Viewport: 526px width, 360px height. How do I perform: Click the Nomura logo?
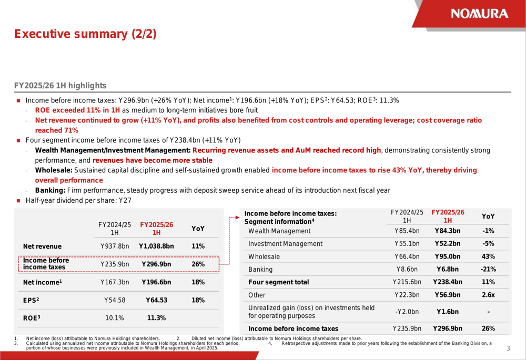pos(479,14)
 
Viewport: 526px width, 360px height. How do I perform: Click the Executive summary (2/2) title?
pos(85,35)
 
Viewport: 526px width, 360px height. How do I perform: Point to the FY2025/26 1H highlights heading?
pos(60,86)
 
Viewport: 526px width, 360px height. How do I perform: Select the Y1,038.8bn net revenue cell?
pos(156,246)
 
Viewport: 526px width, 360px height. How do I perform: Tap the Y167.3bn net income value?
pos(115,282)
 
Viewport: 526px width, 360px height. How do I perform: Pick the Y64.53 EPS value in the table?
pos(156,300)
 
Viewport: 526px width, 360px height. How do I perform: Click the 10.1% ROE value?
pos(115,318)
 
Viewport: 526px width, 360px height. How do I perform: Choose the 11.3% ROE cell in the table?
pos(156,318)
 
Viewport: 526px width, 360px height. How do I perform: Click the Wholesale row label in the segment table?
pos(264,257)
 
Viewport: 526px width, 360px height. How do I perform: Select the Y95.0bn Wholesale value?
pos(448,257)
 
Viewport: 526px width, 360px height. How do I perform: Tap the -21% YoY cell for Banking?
pos(488,270)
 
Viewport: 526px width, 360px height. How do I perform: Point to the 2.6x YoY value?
pos(488,295)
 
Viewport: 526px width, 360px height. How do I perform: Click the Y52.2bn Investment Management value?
pos(448,244)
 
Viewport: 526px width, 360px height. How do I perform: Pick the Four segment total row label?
pos(278,282)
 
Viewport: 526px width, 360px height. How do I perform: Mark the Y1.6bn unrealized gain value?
pos(448,312)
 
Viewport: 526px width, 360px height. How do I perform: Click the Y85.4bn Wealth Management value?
pos(407,231)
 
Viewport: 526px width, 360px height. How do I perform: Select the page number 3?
pos(508,348)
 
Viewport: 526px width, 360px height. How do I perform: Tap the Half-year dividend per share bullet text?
pos(78,201)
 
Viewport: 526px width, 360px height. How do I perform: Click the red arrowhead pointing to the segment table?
pos(238,216)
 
